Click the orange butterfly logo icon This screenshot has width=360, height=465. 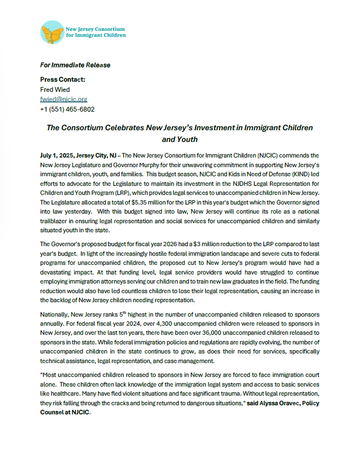pyautogui.click(x=52, y=32)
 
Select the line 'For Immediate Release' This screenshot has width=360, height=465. pyautogui.click(x=75, y=65)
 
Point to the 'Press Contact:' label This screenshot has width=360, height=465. pyautogui.click(x=62, y=80)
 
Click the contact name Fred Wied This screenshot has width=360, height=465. pyautogui.click(x=55, y=89)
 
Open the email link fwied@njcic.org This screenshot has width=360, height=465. pyautogui.click(x=63, y=99)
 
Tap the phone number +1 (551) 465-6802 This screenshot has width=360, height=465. pyautogui.click(x=67, y=109)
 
